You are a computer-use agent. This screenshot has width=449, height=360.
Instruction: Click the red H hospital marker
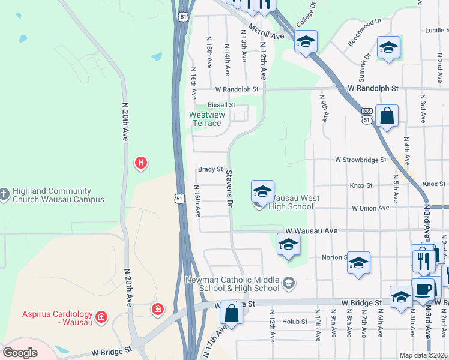141,162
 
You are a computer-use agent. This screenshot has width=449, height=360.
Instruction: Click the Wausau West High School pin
262,192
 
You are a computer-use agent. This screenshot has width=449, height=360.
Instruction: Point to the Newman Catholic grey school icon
289,282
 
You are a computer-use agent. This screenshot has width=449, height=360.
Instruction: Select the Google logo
20,353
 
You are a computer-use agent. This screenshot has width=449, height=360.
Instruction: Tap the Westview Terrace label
205,119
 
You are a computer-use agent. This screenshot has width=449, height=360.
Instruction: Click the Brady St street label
211,170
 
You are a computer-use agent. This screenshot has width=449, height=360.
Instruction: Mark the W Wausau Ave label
312,230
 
